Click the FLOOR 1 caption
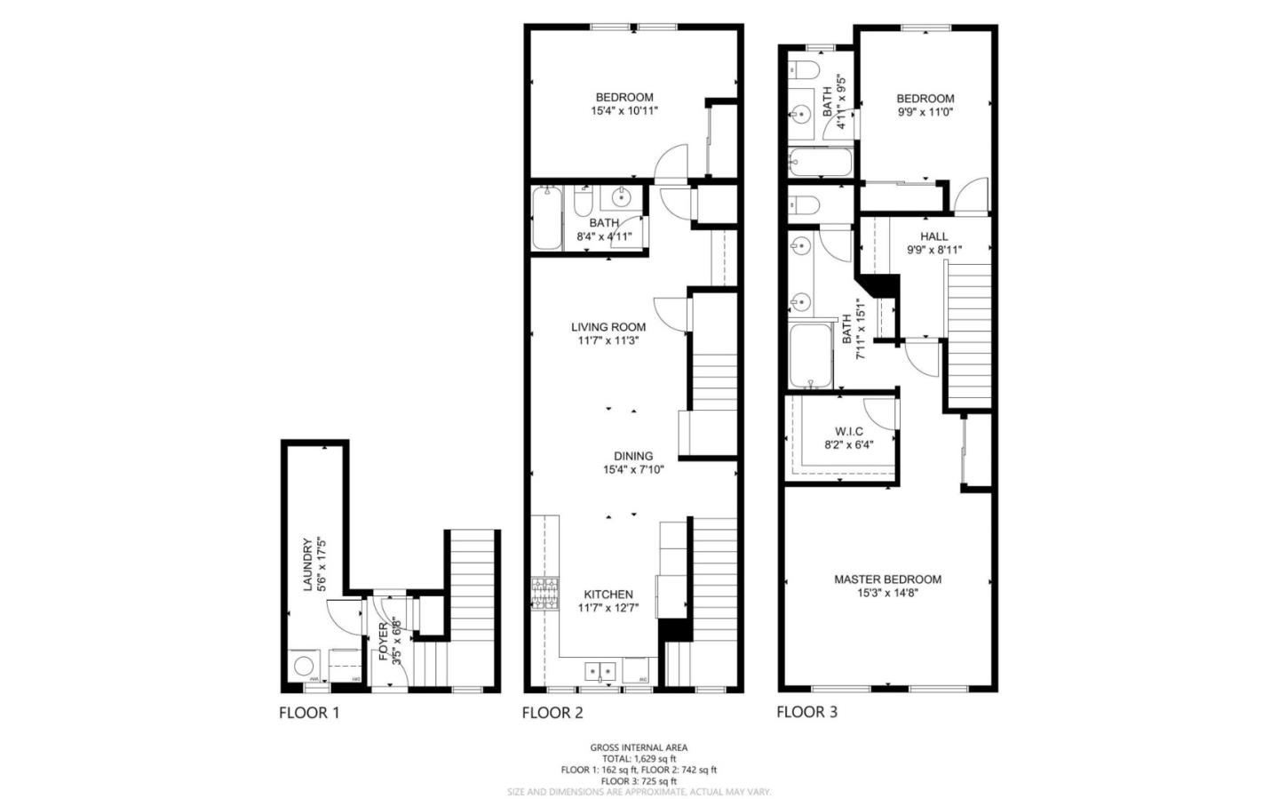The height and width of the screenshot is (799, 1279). [x=308, y=712]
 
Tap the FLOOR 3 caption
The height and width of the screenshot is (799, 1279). [x=806, y=711]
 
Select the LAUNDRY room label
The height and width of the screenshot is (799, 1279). [x=307, y=564]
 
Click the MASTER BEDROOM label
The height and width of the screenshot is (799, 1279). [x=887, y=579]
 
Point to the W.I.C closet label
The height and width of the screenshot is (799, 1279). [x=848, y=431]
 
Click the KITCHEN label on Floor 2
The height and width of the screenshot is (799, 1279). [x=608, y=595]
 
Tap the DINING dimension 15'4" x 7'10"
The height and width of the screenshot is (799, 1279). [x=633, y=469]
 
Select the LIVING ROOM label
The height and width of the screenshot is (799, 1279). [x=608, y=327]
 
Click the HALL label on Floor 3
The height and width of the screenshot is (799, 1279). [x=933, y=236]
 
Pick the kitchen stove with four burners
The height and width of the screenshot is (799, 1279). [x=544, y=593]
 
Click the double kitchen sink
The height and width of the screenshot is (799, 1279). [x=601, y=670]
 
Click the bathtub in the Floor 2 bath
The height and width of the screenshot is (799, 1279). [x=546, y=219]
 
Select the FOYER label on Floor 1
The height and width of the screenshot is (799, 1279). [x=384, y=642]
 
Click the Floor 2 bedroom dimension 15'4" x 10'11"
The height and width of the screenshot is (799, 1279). [x=624, y=111]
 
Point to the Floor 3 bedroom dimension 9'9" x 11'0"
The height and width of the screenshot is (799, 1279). [x=925, y=112]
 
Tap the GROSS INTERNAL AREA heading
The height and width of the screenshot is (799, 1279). [x=638, y=747]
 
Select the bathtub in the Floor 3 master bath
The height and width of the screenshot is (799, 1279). [x=809, y=356]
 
